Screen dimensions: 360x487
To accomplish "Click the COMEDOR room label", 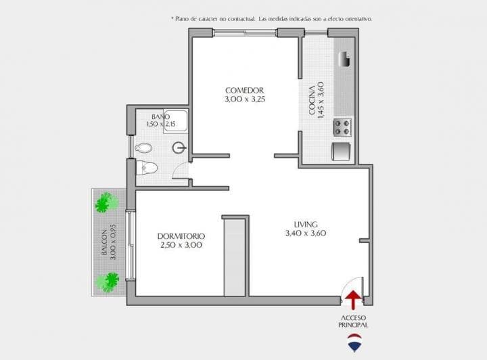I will pos(244,90).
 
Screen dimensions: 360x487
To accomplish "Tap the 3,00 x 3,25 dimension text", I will pos(244,99).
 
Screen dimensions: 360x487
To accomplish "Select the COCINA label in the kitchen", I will pos(312,99).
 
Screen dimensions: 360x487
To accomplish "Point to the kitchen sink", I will pos(344,60).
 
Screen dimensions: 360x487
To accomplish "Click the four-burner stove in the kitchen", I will pos(342,126).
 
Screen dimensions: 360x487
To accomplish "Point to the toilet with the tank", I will pos(147,167).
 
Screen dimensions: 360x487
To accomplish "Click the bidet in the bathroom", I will pos(143,148).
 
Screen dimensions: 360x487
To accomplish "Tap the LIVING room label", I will pos(306,225).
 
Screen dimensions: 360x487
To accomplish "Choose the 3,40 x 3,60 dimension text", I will pos(306,233).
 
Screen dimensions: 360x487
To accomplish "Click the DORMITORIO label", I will pos(181,235).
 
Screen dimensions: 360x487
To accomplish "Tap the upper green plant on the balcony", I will pos(106,202).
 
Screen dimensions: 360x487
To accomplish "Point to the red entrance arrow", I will pos(352,298).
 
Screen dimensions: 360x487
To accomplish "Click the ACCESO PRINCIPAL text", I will pos(354,321).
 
